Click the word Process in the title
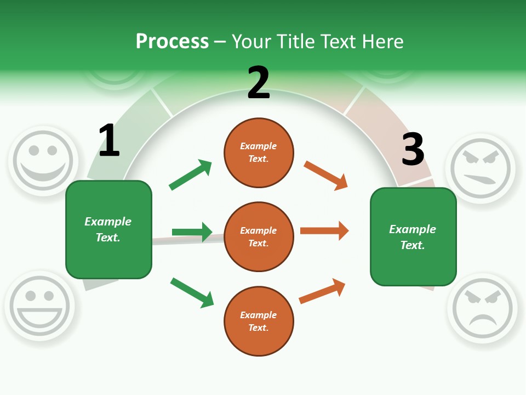[172, 41]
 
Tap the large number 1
[109, 141]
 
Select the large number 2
[259, 83]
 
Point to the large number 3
[413, 149]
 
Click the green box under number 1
[108, 229]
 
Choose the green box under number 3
[413, 237]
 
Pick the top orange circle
[259, 153]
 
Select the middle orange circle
[259, 237]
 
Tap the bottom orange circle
[259, 321]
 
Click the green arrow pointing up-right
[190, 175]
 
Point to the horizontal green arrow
[192, 232]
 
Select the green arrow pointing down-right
[192, 292]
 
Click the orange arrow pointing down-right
[325, 176]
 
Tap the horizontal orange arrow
[324, 231]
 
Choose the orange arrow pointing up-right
[322, 291]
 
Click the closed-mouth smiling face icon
[43, 160]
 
